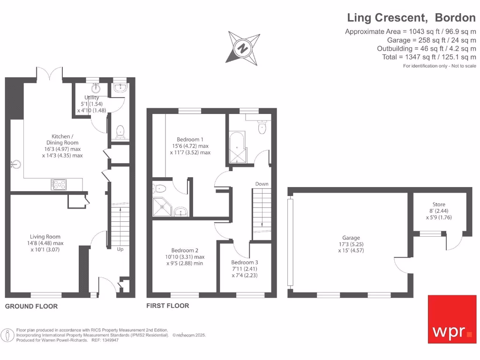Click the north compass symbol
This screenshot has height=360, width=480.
coord(243,47)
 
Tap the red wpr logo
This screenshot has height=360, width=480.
coord(452,319)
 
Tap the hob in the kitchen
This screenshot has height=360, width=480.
coord(59,185)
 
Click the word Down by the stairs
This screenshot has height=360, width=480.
coord(262,184)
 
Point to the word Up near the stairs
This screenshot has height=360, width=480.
coord(120,249)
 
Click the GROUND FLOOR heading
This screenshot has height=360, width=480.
coord(31,306)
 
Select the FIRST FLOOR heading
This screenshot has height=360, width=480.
coord(168,306)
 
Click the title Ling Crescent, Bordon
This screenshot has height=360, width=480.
coord(411,18)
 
